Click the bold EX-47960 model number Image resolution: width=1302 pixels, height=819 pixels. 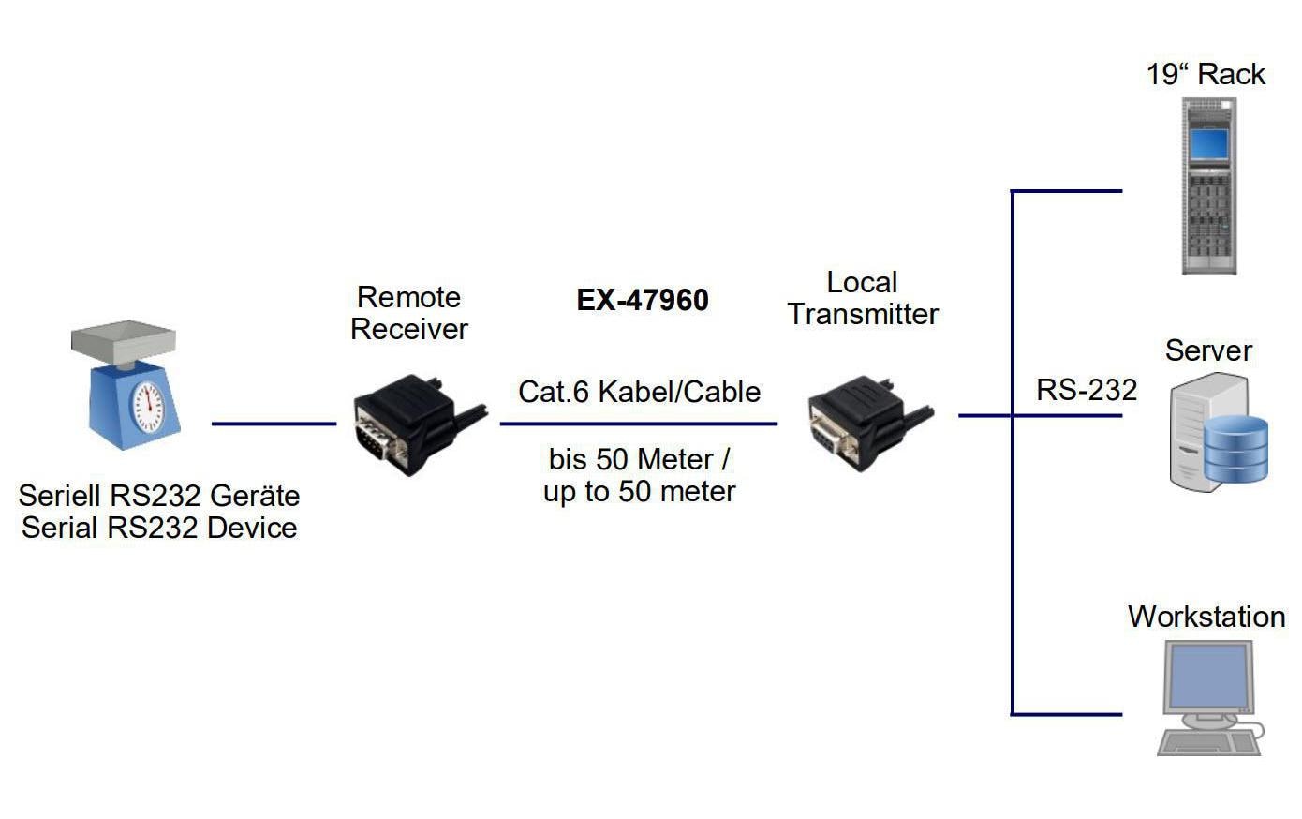[x=643, y=300]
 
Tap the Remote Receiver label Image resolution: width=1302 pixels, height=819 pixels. [x=409, y=313]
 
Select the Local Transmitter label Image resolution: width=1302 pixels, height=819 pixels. [x=863, y=298]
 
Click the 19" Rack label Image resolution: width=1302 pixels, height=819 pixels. [x=1206, y=75]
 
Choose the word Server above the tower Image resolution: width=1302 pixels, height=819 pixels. [x=1208, y=350]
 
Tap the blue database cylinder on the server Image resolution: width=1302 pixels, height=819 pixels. [x=1235, y=450]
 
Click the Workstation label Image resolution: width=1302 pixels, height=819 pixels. [x=1206, y=617]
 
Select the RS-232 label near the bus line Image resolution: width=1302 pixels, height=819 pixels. [x=1087, y=390]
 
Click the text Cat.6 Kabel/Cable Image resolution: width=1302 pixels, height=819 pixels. [x=640, y=392]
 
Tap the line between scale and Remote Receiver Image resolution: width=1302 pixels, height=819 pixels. [x=274, y=424]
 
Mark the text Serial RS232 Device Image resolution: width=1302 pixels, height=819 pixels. [x=159, y=528]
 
